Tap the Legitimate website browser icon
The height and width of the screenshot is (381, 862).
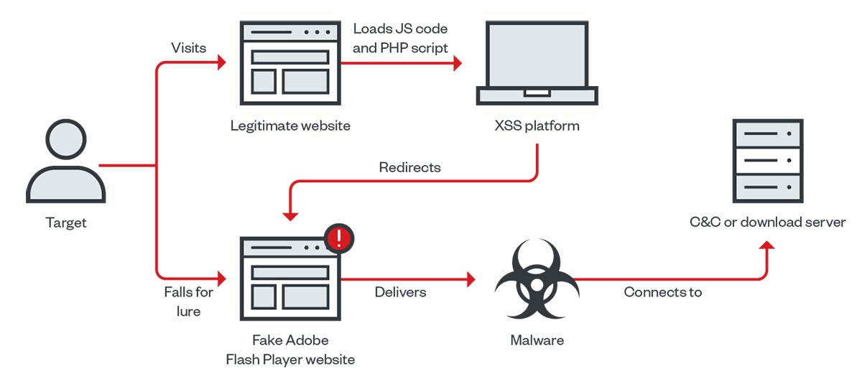tap(289, 60)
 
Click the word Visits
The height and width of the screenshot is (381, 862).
tap(189, 48)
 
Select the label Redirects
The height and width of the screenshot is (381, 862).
tap(409, 167)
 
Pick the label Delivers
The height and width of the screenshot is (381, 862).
tap(400, 292)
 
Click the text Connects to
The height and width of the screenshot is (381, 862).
tap(663, 292)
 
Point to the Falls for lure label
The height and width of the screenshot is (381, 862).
tap(189, 301)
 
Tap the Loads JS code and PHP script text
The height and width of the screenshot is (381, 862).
tap(400, 39)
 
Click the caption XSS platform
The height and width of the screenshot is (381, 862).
tap(537, 126)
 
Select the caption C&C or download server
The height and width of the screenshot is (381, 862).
tap(767, 222)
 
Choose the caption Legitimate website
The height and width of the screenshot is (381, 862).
tap(290, 126)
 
